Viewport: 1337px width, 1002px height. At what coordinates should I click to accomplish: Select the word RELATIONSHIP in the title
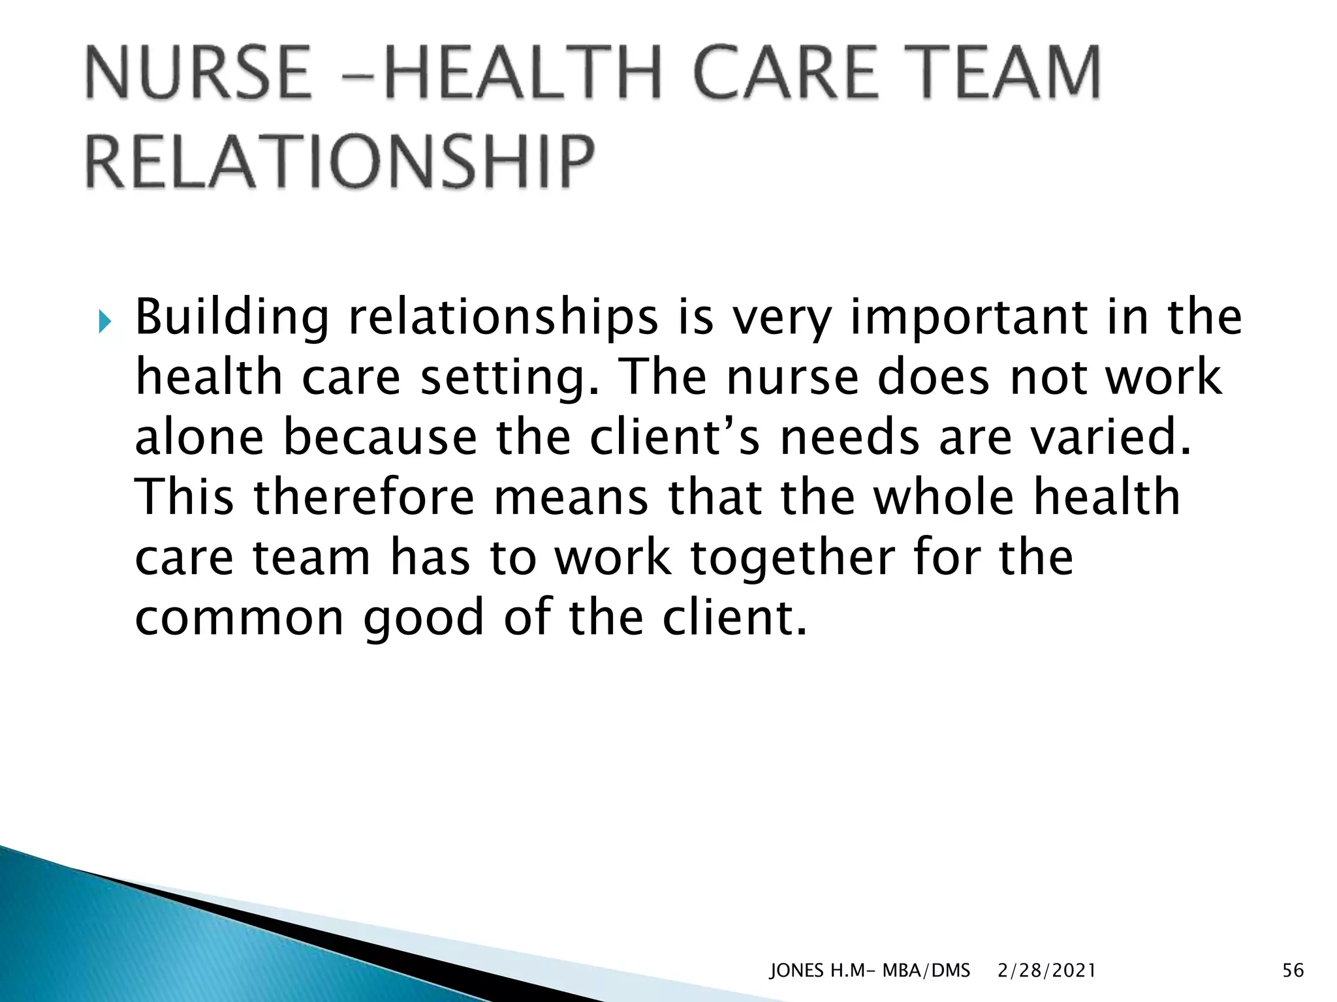[x=340, y=161]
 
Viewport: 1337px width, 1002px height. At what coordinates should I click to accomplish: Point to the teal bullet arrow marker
[x=104, y=322]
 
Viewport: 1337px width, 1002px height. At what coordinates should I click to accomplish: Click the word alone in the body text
[x=199, y=437]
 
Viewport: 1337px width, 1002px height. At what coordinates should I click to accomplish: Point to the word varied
[x=1110, y=437]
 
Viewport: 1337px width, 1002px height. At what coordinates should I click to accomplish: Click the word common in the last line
[x=239, y=618]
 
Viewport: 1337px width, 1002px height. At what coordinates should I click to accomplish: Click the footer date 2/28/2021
[x=1046, y=971]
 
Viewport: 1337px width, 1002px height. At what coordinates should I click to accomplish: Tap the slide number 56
[x=1293, y=971]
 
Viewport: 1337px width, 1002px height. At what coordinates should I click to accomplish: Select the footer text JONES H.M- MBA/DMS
[x=870, y=971]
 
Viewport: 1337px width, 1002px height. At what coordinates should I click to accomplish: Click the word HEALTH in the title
[x=523, y=72]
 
